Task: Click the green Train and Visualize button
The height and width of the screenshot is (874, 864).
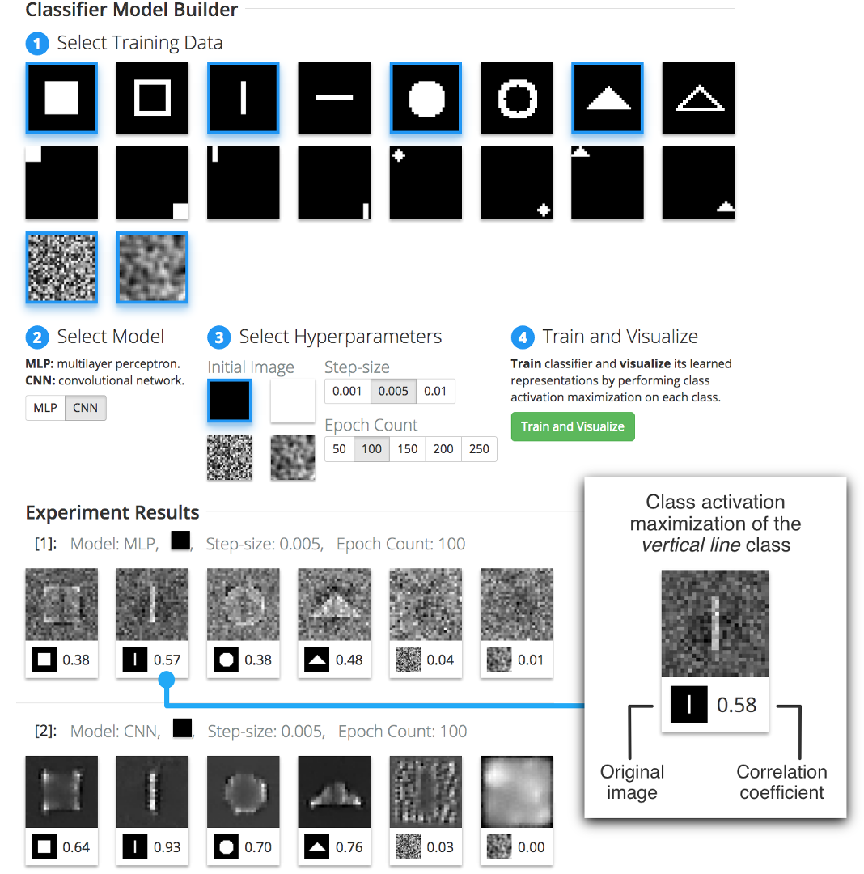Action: tap(572, 426)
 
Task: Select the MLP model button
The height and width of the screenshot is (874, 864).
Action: tap(45, 408)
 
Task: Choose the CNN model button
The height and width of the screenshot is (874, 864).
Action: tap(85, 408)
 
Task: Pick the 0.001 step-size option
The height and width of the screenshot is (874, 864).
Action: tap(347, 392)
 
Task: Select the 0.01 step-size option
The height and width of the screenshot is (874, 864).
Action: tap(435, 392)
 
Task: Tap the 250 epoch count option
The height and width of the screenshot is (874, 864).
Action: tap(479, 449)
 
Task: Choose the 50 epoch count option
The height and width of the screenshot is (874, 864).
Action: tap(339, 449)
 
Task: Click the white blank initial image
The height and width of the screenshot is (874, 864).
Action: tap(292, 400)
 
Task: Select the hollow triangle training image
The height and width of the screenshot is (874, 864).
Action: tap(698, 98)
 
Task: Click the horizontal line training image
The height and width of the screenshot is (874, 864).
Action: tap(334, 98)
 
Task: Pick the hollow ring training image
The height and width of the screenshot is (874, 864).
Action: tap(516, 98)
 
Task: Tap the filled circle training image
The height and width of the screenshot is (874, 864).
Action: tap(426, 98)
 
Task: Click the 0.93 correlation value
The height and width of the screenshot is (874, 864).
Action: tap(167, 847)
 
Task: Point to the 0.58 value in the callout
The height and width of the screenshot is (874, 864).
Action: tap(736, 705)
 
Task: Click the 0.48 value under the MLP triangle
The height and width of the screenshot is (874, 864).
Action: tap(349, 660)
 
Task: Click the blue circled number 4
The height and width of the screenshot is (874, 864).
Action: tap(522, 337)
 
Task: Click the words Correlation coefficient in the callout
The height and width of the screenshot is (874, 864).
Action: tap(781, 782)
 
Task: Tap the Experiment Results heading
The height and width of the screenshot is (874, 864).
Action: tap(112, 512)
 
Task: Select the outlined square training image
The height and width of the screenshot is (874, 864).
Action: tap(152, 98)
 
